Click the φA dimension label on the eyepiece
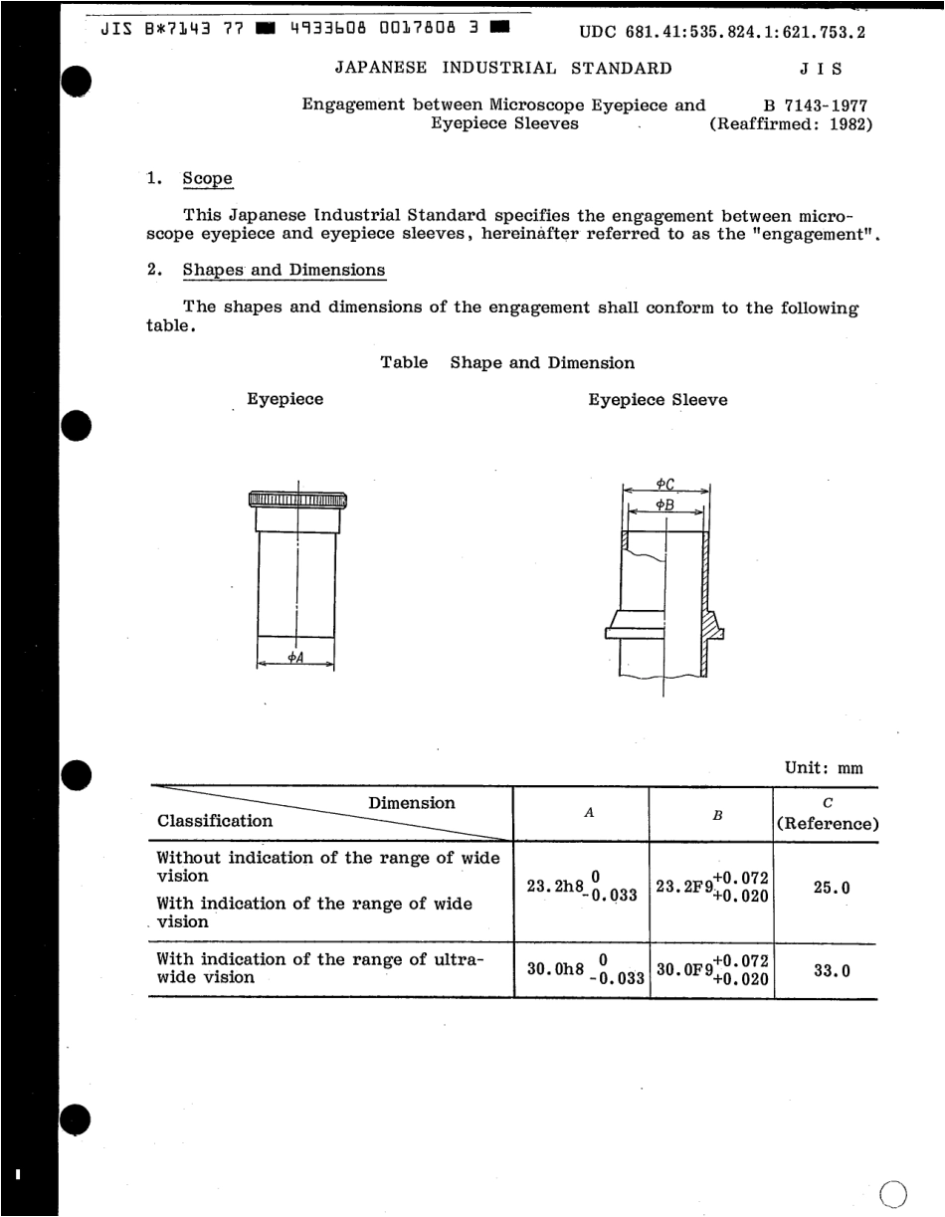coord(295,658)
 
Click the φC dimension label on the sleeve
coord(665,484)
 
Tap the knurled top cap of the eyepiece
coord(296,500)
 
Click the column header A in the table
coord(589,813)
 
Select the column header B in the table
coord(716,814)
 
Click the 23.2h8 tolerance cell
coord(582,887)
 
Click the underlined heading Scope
coord(207,180)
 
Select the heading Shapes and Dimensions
coord(283,270)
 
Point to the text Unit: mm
coord(824,768)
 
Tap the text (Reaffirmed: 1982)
coord(791,125)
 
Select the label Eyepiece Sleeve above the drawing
coord(658,400)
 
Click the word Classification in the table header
coord(215,821)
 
